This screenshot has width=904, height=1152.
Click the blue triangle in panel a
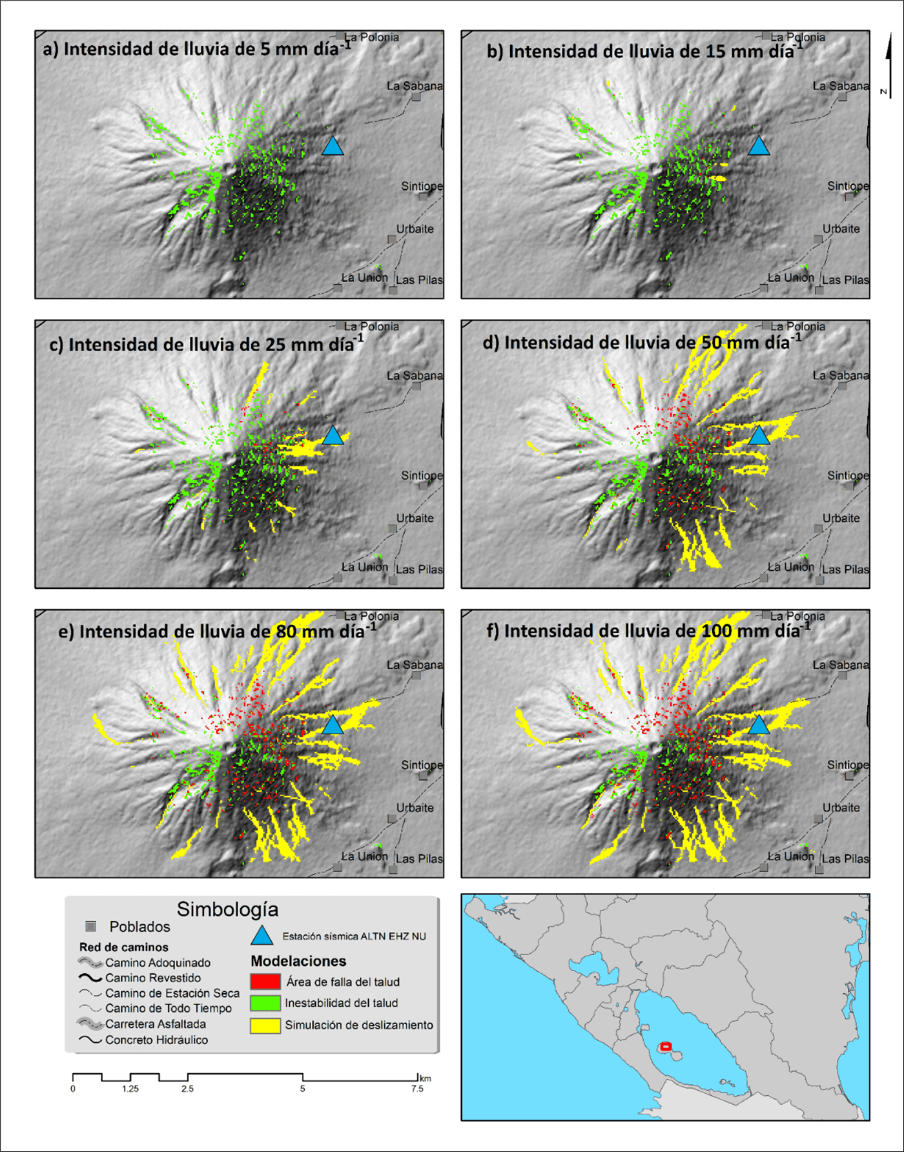[333, 147]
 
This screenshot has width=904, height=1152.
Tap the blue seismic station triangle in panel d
[759, 436]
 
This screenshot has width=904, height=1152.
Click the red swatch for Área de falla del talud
[265, 982]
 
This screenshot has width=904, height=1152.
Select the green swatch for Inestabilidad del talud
[265, 1003]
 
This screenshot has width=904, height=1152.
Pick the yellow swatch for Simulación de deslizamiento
[265, 1025]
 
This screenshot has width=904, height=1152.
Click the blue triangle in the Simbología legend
[262, 936]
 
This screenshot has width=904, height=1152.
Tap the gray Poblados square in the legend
[91, 927]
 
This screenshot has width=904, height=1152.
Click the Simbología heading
[227, 909]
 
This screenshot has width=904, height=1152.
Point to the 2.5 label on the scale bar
[187, 1089]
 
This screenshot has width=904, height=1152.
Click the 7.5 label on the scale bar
[417, 1089]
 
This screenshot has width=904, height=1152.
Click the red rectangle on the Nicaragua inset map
[666, 1046]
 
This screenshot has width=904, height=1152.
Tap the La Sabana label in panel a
[415, 86]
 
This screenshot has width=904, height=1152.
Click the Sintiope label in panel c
[422, 475]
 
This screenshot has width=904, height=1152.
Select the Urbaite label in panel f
[841, 808]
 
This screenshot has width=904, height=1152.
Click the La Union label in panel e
[364, 856]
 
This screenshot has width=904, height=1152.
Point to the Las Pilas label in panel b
[845, 280]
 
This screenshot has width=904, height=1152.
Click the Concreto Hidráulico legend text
[156, 1040]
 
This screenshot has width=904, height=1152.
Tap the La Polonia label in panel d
[797, 327]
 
